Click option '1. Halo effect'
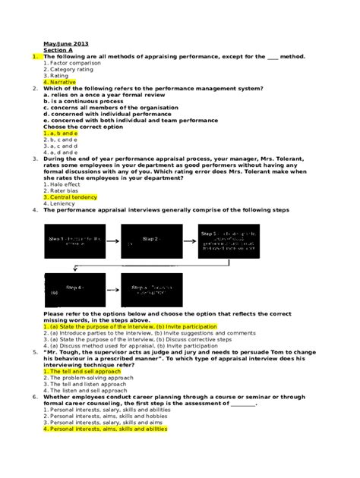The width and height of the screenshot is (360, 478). click(x=62, y=184)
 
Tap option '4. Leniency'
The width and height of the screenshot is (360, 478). click(x=59, y=203)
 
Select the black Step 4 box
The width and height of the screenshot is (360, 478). click(x=74, y=289)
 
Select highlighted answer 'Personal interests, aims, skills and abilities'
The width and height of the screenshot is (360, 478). click(x=105, y=429)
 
